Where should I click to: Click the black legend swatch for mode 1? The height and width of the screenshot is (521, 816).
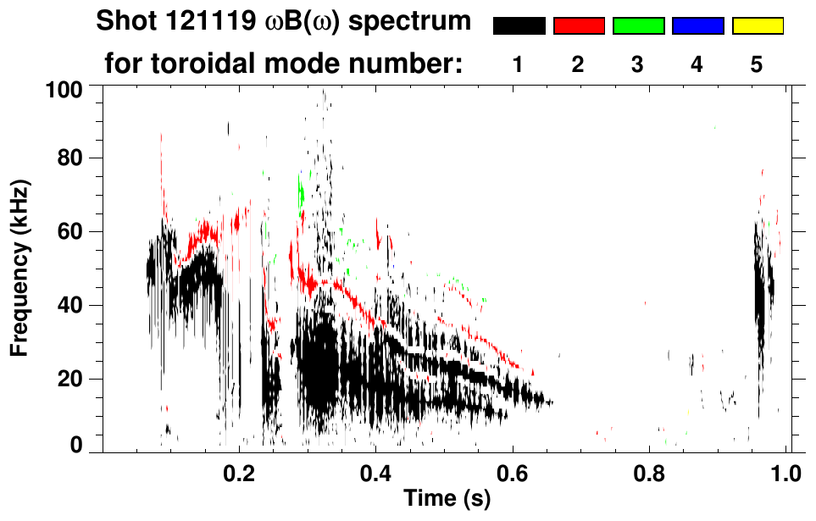(x=519, y=26)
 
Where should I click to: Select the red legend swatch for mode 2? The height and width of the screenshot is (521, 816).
(x=579, y=26)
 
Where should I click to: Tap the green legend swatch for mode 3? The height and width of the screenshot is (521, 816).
(x=638, y=26)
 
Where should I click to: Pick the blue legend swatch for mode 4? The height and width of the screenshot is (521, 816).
(x=697, y=26)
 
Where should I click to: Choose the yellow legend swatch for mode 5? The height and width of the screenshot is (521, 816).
(x=758, y=26)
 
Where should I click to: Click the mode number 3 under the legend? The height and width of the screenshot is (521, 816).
(x=638, y=64)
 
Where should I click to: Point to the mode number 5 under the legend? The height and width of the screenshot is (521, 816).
(x=758, y=64)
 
